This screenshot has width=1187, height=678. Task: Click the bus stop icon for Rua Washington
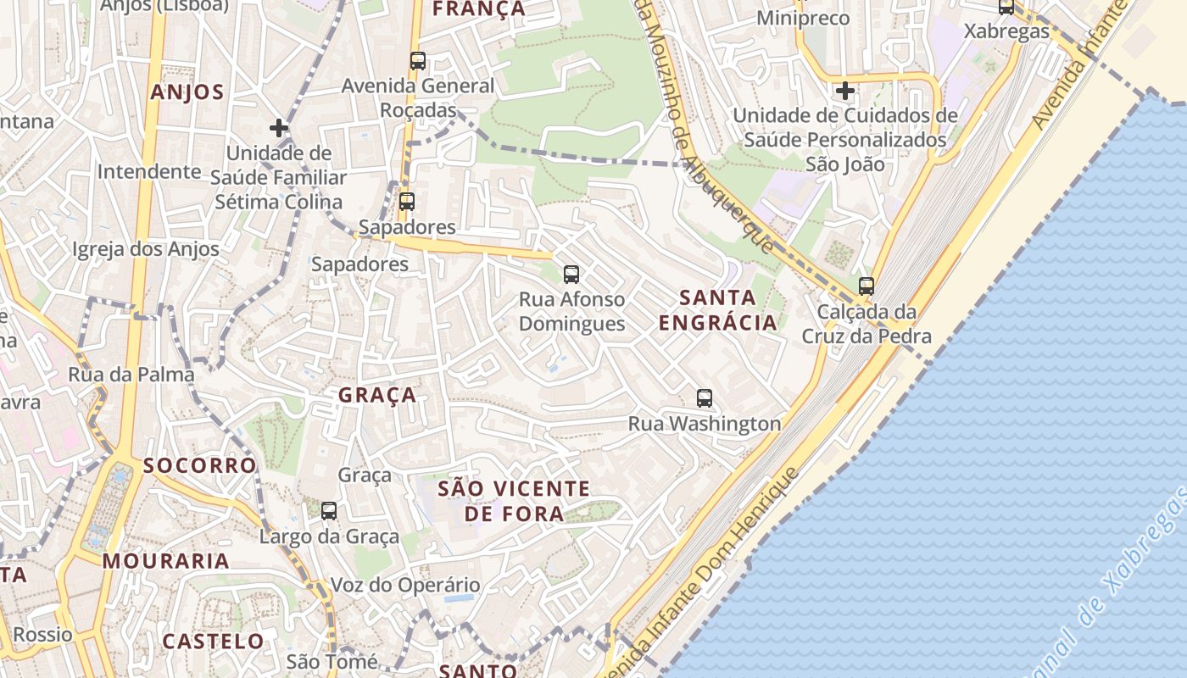pos(704,398)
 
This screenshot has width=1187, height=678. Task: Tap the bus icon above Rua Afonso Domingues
pos(571,275)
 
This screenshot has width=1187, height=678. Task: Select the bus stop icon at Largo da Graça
pos(329,511)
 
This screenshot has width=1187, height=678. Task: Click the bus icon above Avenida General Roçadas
pos(417,61)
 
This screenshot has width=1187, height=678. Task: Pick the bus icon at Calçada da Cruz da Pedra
pos(866,286)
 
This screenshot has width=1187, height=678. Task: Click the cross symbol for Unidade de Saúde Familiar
pos(279,129)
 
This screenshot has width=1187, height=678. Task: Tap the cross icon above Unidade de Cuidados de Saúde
pos(844,90)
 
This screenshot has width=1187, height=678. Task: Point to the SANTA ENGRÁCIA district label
pos(718,310)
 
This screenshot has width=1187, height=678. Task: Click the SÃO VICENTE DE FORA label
pos(514,501)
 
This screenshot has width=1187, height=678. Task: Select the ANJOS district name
pos(187,92)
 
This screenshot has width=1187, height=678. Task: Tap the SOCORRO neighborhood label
pos(199,465)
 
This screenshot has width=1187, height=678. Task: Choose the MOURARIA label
pos(166,561)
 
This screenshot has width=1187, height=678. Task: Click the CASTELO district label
pos(213,641)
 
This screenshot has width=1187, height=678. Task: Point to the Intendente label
pos(149,172)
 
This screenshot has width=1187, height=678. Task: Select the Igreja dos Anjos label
pos(146,249)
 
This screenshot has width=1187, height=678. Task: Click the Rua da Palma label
pos(131,375)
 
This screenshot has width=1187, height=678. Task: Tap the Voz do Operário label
pos(405,585)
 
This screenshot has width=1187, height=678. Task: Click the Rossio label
pos(42,634)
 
